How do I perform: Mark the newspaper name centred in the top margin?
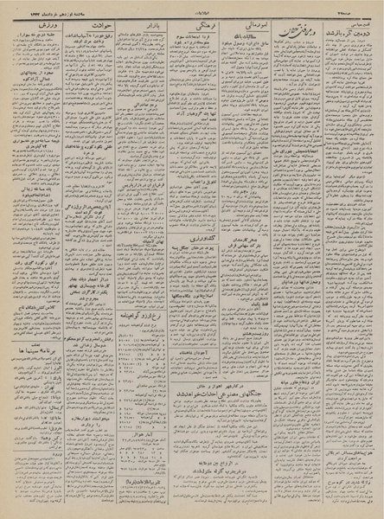192,8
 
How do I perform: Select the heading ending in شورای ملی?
298,298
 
